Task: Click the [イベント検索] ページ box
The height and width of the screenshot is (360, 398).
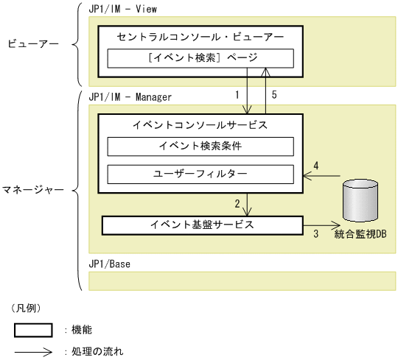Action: [200, 57]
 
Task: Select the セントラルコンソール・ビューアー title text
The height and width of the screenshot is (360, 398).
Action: [200, 35]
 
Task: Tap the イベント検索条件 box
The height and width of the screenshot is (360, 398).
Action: [200, 146]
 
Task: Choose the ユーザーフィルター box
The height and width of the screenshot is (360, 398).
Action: [200, 174]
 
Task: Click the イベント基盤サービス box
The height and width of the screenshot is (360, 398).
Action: [202, 225]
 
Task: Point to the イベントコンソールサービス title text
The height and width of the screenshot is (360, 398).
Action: [200, 124]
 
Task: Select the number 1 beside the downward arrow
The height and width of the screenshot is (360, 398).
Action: [237, 95]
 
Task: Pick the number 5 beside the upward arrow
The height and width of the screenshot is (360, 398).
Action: [274, 95]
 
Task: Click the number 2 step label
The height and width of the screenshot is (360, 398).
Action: [237, 202]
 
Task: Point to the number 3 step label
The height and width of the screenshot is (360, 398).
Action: [316, 235]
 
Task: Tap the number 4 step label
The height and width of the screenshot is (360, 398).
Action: [315, 166]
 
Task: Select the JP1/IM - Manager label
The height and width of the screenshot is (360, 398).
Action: [130, 96]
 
